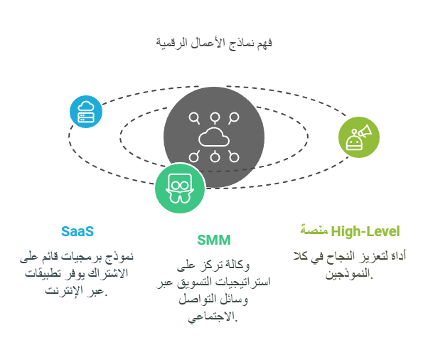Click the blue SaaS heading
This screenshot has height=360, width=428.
point(77,232)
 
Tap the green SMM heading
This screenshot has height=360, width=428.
point(214,240)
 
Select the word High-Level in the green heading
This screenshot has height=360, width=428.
point(365,232)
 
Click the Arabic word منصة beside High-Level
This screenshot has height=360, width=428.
point(314,230)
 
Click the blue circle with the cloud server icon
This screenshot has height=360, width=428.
point(86,112)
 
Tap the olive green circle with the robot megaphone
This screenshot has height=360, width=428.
point(359,137)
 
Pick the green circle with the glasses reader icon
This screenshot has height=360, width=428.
point(180,188)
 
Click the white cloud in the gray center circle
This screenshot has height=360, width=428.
point(214,137)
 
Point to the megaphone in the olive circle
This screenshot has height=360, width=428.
point(365,131)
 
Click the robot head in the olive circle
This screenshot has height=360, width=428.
point(354,142)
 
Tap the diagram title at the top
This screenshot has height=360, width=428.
point(214,43)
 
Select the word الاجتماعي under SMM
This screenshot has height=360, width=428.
point(212,317)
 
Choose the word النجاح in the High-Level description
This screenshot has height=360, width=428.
point(341,256)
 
